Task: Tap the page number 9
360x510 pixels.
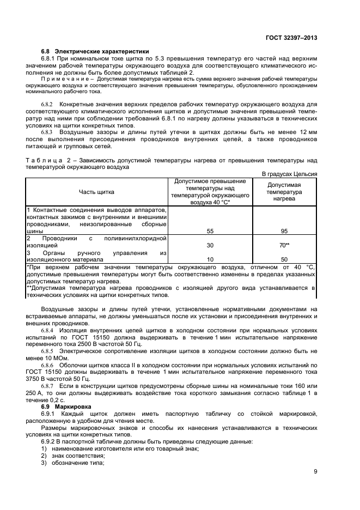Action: pos(315,472)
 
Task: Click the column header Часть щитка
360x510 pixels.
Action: pos(96,192)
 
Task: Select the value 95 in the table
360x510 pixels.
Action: pos(284,231)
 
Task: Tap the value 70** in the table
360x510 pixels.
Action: pos(284,245)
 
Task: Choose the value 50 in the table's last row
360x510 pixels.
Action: pos(284,260)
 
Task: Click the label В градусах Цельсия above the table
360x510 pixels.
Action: pos(289,174)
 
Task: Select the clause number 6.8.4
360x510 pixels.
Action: pos(48,331)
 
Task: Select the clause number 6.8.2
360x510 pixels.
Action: pos(48,104)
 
